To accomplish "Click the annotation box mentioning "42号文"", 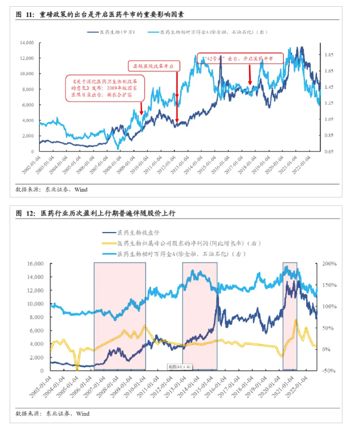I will click(240, 59).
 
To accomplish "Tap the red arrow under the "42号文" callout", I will click(250, 75).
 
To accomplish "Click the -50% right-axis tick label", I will click(329, 371).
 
